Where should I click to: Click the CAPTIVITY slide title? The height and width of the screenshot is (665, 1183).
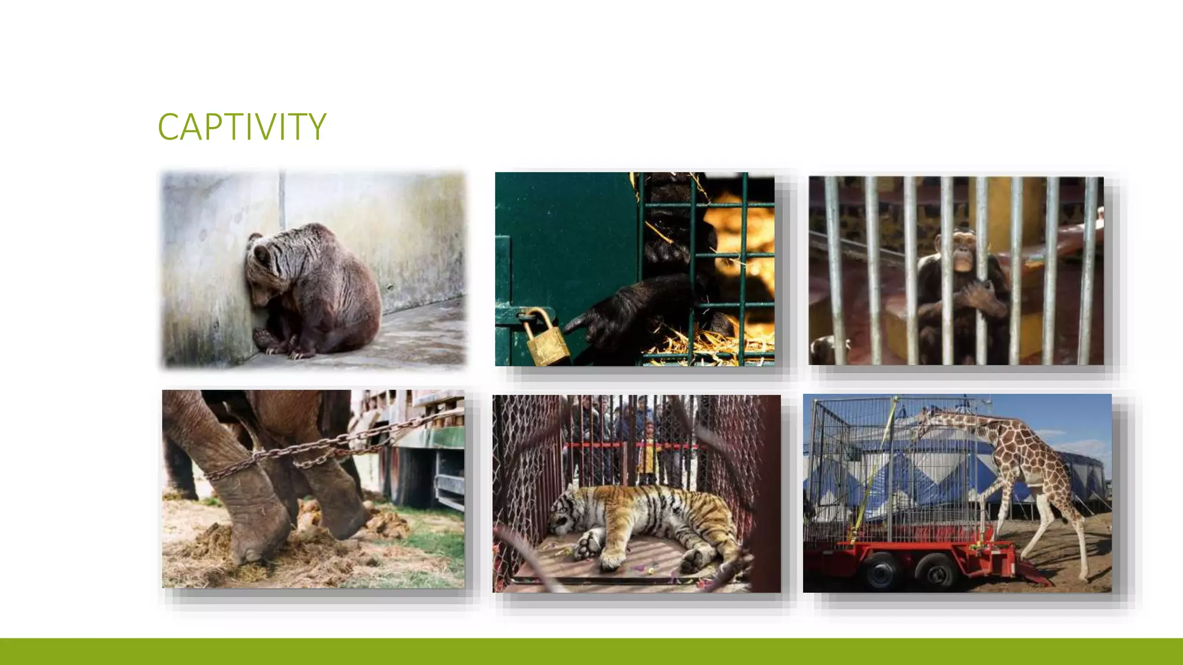(241, 126)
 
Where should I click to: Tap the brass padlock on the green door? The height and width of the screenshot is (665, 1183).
(545, 339)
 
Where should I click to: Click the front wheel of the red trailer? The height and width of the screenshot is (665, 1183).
(883, 569)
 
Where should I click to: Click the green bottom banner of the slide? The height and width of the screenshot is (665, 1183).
(591, 651)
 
